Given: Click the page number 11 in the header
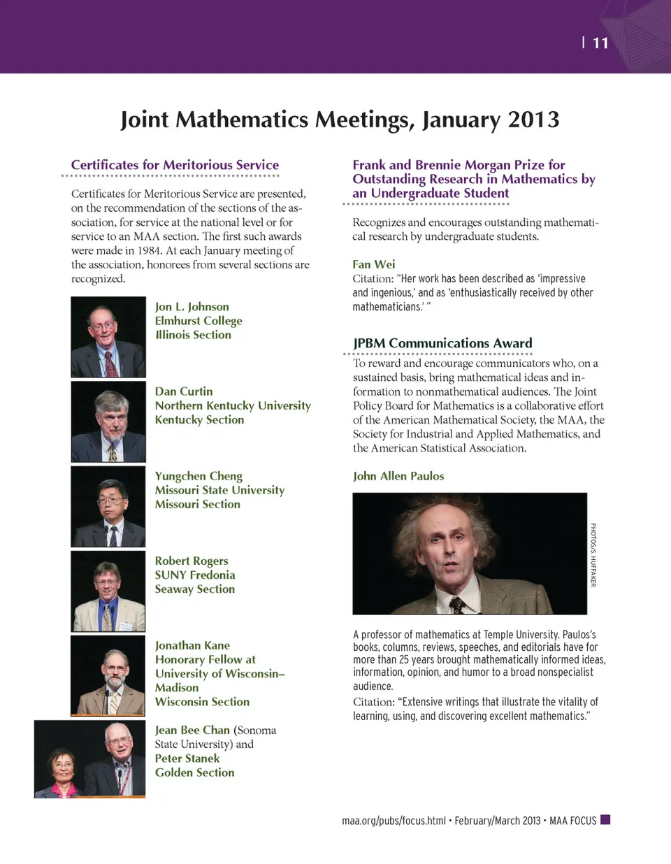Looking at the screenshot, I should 600,43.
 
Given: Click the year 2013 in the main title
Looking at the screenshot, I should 533,120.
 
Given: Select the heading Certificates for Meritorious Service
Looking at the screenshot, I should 175,165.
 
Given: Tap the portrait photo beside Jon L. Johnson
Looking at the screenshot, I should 108,337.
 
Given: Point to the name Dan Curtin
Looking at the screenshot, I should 184,391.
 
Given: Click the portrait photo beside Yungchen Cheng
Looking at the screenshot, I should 108,506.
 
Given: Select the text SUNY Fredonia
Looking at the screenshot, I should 195,575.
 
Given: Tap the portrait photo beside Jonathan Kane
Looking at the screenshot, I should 108,675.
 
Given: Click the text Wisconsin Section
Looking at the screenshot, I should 202,702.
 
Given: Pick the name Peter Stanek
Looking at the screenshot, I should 187,758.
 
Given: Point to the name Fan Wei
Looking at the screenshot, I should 374,264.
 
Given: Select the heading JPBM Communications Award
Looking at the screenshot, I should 442,343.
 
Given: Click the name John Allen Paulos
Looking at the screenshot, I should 398,476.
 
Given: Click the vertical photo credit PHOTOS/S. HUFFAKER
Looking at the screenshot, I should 593,554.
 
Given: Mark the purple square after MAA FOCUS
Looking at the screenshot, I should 605,819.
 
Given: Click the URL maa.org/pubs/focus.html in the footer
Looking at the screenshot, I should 394,821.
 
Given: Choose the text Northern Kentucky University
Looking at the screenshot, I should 233,405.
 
